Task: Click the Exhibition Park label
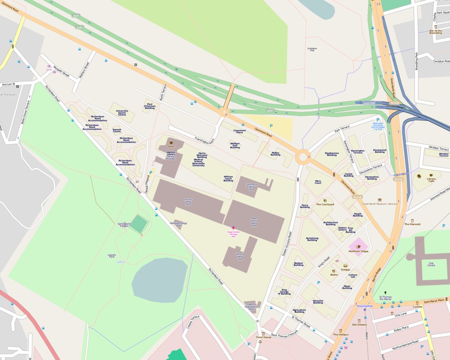[312, 49]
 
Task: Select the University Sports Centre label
[122, 113]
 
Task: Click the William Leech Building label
[228, 178]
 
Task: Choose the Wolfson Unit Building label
[235, 145]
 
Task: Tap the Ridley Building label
[276, 154]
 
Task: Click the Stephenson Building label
[332, 154]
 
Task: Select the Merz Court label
[318, 182]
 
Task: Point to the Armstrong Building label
[312, 239]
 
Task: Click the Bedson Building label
[298, 264]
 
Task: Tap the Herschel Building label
[318, 302]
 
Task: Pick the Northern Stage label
[358, 251]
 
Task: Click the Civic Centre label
[431, 264]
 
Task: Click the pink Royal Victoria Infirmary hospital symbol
[233, 227]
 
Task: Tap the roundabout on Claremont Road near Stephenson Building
[302, 156]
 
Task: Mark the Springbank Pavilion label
[124, 225]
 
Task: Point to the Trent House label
[264, 337]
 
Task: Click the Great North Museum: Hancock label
[380, 204]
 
